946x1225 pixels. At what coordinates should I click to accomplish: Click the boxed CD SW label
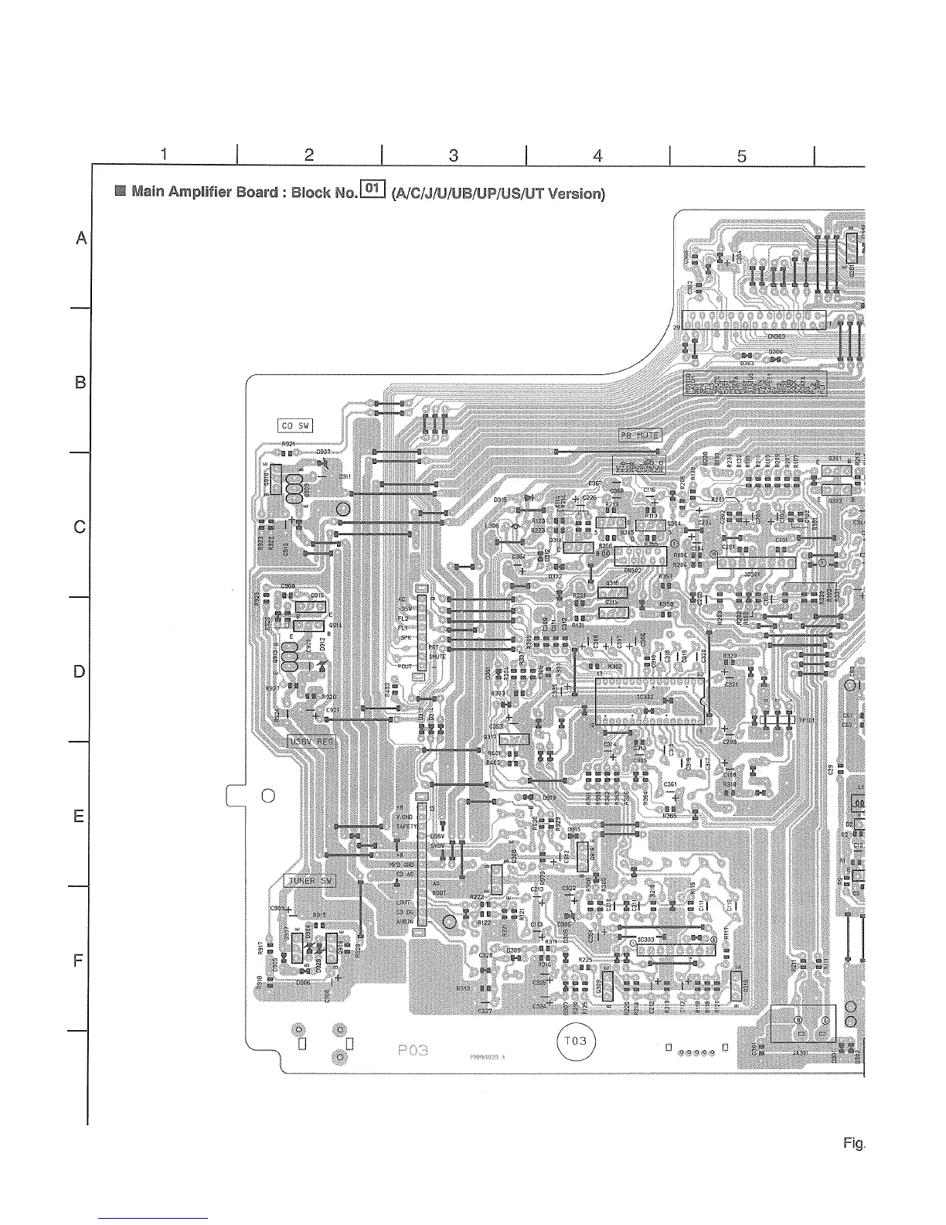click(x=294, y=425)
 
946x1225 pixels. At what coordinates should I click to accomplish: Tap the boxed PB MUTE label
click(x=638, y=435)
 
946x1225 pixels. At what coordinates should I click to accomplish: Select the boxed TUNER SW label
click(x=311, y=881)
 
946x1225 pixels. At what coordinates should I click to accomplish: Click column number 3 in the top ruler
click(x=454, y=155)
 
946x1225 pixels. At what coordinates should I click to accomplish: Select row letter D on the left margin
click(x=79, y=671)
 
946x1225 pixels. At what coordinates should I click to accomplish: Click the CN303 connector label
click(x=776, y=336)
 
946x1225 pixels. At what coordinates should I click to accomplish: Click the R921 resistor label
click(x=288, y=444)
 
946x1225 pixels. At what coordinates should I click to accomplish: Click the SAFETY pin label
click(x=407, y=826)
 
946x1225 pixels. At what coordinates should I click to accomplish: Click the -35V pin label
click(x=402, y=609)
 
